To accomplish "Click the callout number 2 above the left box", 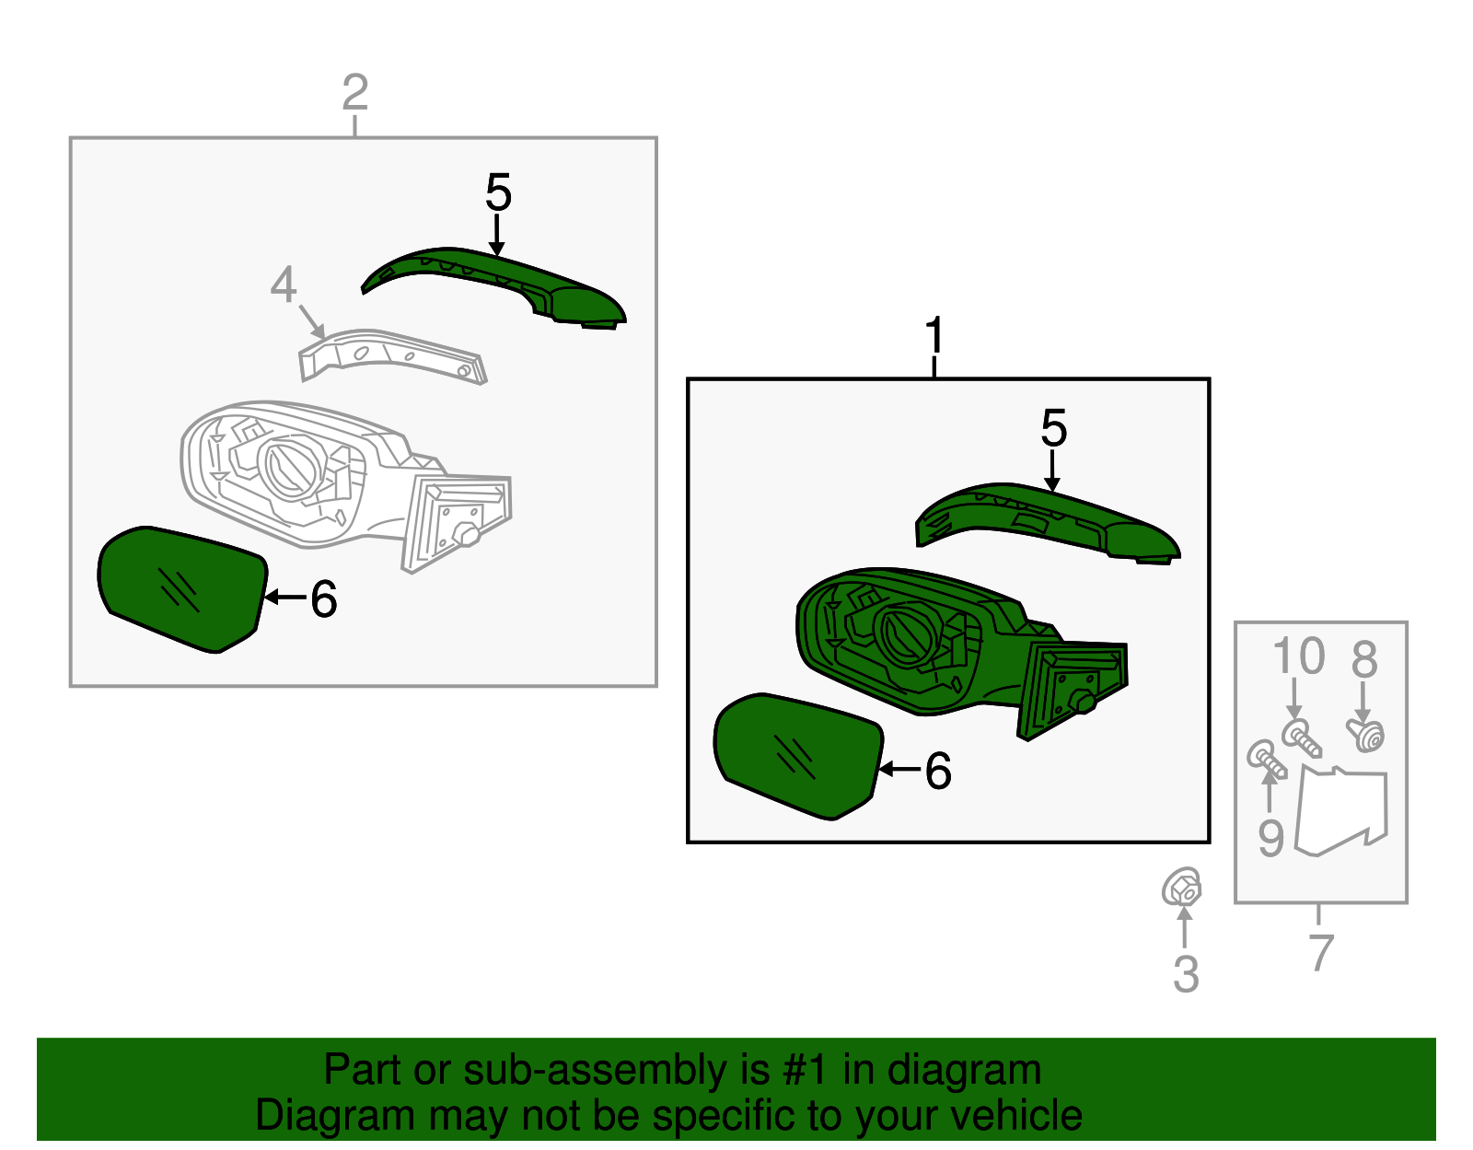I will (355, 93).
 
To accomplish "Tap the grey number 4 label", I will (284, 285).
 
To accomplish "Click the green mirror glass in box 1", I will (797, 755).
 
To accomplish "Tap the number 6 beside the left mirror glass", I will (323, 599).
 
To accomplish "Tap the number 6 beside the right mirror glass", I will (937, 771).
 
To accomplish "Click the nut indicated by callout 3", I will (1181, 888).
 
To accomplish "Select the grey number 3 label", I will (1186, 973).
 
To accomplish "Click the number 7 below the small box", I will (1320, 952).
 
